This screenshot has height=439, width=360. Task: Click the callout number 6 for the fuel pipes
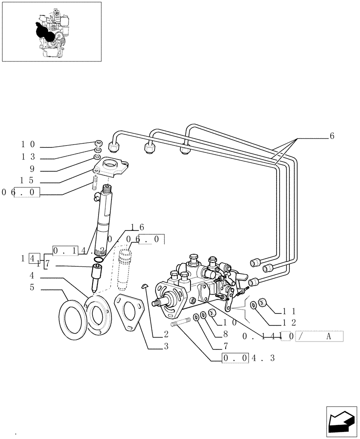(332, 136)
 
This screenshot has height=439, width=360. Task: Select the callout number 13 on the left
(27, 157)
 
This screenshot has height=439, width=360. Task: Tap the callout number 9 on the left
(32, 169)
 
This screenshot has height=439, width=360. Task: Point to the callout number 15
(27, 180)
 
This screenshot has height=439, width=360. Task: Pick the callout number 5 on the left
(32, 288)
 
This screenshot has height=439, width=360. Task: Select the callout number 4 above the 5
(32, 276)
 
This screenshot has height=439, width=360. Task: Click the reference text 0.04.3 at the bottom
(248, 358)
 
